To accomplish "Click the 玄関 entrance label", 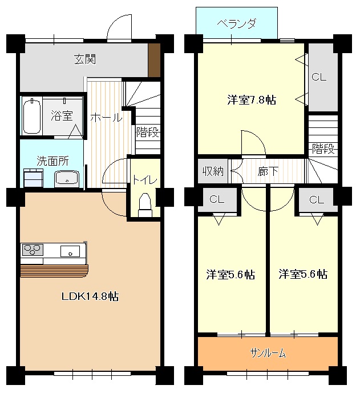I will [84, 59].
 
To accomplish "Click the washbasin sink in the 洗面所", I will [68, 179].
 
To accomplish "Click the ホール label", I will [106, 118].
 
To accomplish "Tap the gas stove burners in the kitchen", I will [33, 250].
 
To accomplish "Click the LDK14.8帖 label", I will [90, 296].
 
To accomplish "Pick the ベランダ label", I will [237, 24].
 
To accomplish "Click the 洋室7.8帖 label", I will [252, 100].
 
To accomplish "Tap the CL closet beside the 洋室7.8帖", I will [319, 77].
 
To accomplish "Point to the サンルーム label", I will [268, 353].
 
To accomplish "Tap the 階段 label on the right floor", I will [323, 149].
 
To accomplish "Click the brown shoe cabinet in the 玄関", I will [154, 60].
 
